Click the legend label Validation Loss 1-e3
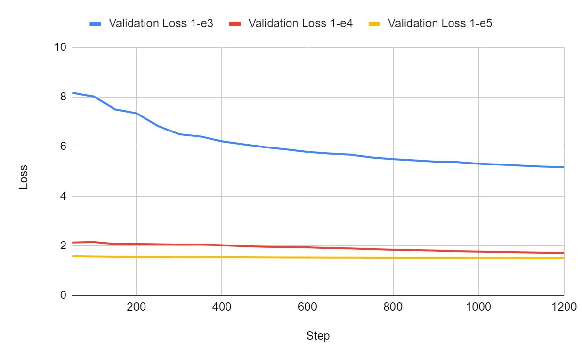tap(161, 23)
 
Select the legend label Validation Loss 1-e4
tap(300, 23)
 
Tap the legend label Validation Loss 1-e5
tap(440, 23)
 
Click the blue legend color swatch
tap(96, 23)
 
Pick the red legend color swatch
tap(235, 23)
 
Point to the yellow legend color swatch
tap(375, 23)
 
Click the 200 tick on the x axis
tap(136, 307)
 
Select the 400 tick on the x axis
tap(222, 307)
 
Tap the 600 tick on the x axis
tap(307, 307)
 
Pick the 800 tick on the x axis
tap(393, 307)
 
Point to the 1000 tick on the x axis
tap(478, 307)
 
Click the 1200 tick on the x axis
tap(563, 307)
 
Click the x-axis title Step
tap(318, 336)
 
